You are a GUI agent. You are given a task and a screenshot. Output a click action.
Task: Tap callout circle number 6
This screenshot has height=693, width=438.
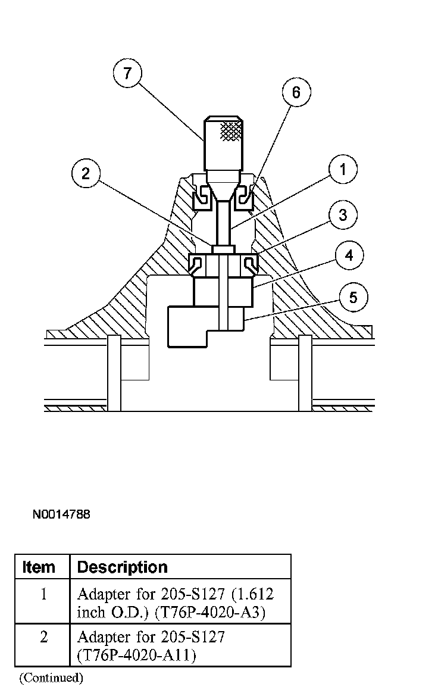point(296,92)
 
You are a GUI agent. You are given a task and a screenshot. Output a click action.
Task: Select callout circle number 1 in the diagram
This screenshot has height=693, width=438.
point(342,170)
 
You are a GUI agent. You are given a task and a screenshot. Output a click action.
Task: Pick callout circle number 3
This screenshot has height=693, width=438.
point(342,215)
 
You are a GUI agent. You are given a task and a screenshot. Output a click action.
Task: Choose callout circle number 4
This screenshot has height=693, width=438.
point(349,255)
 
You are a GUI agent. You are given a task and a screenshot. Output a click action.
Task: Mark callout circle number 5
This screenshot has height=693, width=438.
point(353,297)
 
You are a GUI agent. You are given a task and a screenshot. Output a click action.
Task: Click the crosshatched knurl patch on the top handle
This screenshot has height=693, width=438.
point(231,131)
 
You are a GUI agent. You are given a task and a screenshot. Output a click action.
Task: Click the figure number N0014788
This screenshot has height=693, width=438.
point(61,514)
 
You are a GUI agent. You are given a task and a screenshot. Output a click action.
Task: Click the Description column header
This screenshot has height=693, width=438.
point(123,567)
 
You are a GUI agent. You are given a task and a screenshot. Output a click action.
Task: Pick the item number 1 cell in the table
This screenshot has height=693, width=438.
point(43,594)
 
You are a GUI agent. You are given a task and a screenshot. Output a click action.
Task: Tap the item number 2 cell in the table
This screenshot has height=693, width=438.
point(43,637)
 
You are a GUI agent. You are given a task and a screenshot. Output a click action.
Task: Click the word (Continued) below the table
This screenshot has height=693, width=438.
point(51,678)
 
